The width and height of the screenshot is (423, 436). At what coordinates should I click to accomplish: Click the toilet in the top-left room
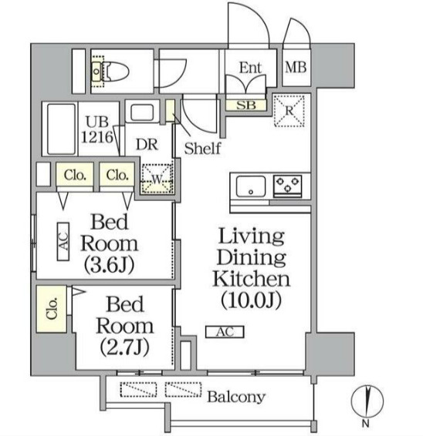click(110, 71)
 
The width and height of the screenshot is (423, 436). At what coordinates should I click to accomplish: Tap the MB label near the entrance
click(296, 67)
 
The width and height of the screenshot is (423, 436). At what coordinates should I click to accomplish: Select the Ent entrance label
click(251, 68)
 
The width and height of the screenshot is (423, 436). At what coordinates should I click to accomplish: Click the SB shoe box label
click(246, 105)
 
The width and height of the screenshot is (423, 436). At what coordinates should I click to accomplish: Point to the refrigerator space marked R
click(289, 111)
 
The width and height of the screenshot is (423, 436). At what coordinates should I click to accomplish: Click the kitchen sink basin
click(251, 186)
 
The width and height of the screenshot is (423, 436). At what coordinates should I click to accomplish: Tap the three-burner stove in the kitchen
click(288, 186)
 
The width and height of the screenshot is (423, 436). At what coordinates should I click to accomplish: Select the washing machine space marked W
click(157, 179)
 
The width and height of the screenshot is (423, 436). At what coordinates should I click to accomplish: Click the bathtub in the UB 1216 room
click(61, 129)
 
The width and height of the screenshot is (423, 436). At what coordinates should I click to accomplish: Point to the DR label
click(147, 144)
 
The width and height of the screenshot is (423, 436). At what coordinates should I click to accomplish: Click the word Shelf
click(202, 148)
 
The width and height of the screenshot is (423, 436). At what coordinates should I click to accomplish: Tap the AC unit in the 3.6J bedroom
click(63, 241)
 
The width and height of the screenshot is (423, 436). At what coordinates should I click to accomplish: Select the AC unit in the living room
click(225, 332)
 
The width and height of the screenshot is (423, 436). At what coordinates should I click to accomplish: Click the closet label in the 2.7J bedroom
click(52, 308)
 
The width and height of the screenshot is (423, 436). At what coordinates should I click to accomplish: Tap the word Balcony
click(236, 397)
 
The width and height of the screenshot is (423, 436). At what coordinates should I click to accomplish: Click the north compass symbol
click(367, 401)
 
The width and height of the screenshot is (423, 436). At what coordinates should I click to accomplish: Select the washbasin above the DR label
click(142, 112)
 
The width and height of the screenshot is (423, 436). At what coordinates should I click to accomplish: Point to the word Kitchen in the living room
click(252, 279)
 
